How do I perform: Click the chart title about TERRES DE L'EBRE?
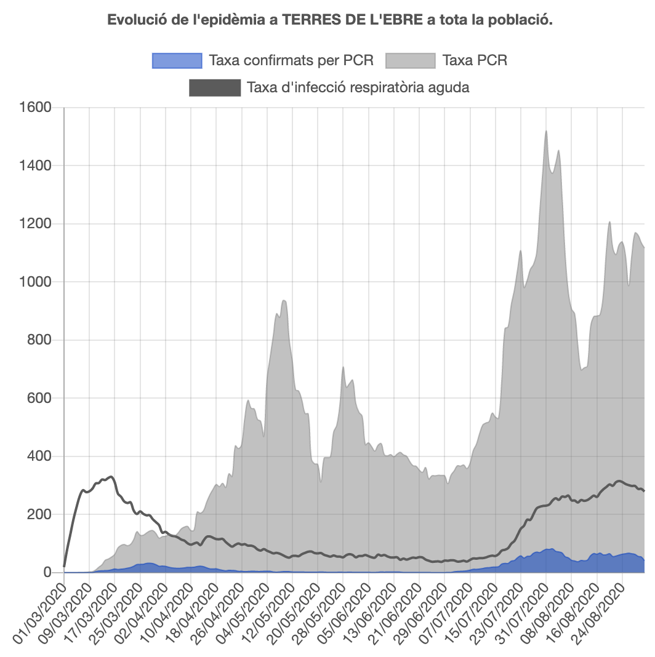330,20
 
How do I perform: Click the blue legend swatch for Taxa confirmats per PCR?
177,60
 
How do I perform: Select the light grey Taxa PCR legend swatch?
411,60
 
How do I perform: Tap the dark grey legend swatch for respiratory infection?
214,87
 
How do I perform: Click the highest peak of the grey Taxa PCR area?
546,131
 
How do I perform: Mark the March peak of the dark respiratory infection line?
110,477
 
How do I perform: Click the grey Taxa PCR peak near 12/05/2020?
284,300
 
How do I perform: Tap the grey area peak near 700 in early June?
344,367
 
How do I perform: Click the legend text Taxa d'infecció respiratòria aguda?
358,87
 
